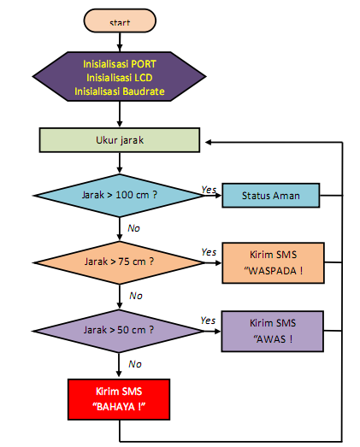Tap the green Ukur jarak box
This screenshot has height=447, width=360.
120,138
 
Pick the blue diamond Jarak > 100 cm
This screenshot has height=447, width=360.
119,196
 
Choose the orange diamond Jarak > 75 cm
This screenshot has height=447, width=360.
119,260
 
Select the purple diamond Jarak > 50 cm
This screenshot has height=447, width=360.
119,329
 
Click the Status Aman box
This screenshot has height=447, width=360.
270,196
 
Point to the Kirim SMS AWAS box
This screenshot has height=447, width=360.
274,330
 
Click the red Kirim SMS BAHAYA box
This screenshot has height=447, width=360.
119,398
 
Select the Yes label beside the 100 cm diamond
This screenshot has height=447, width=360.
208,189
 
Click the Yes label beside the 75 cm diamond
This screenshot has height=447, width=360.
208,252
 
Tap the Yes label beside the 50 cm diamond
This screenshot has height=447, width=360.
208,321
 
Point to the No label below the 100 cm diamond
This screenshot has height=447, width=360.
134,228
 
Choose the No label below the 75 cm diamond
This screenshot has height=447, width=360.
135,296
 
